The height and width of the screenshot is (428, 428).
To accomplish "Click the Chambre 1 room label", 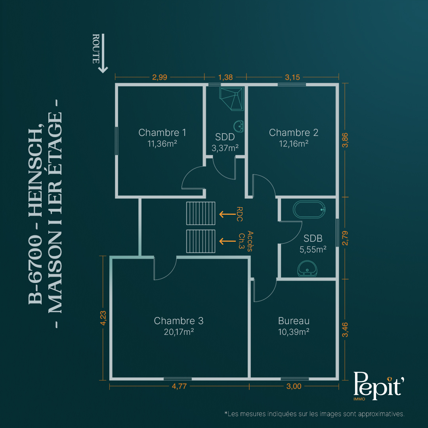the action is coord(162,132).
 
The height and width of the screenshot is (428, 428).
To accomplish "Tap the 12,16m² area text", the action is coord(294,143).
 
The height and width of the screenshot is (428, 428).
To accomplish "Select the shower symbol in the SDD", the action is coord(231,99).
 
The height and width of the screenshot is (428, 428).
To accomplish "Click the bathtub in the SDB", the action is coord(309,209).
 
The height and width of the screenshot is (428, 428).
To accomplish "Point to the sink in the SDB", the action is coord(307,268).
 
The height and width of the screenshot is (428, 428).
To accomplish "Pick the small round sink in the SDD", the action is coord(239,126).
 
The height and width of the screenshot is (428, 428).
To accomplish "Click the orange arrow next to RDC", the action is coord(227,214).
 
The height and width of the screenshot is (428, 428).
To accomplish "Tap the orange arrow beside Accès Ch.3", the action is coord(227,241).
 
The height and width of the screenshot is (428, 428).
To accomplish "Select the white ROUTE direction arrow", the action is coord(103,53).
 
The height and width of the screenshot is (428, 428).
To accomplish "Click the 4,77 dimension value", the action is coord(180,386).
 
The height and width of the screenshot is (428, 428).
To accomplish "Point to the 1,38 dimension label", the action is coord(225,77).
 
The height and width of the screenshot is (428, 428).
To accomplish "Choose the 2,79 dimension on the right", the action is coord(345,238).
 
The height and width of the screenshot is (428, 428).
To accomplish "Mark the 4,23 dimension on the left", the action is coord(103,318).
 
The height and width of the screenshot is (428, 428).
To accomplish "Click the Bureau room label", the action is coord(294,321).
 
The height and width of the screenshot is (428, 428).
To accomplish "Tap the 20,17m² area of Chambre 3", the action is coord(179,332).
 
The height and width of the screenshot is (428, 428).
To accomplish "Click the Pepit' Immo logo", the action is coord(378,386).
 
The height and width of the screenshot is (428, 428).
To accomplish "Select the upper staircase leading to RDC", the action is coord(201,213).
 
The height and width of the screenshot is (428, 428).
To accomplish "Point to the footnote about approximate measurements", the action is coord(314,414).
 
